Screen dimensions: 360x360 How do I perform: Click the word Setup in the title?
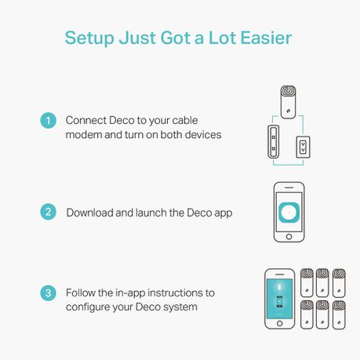click(x=89, y=38)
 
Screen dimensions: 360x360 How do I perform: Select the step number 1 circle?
click(x=48, y=121)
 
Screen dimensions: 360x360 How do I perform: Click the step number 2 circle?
click(x=48, y=212)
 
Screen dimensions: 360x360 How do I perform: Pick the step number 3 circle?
click(x=48, y=293)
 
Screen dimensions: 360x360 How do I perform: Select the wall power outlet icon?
click(x=303, y=147)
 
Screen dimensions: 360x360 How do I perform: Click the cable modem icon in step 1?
click(x=274, y=142)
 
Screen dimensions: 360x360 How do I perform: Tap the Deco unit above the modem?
click(x=288, y=102)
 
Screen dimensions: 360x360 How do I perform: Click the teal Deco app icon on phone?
click(x=289, y=213)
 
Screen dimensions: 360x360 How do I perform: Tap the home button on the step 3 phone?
click(x=279, y=323)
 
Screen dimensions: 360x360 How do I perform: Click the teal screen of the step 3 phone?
click(x=279, y=298)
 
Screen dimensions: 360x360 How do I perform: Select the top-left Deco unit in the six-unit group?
click(x=307, y=283)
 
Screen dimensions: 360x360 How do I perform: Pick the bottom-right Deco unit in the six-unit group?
click(x=339, y=315)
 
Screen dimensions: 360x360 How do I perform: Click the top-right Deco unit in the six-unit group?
click(x=339, y=283)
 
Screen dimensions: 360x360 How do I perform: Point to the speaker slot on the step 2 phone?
click(x=289, y=187)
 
